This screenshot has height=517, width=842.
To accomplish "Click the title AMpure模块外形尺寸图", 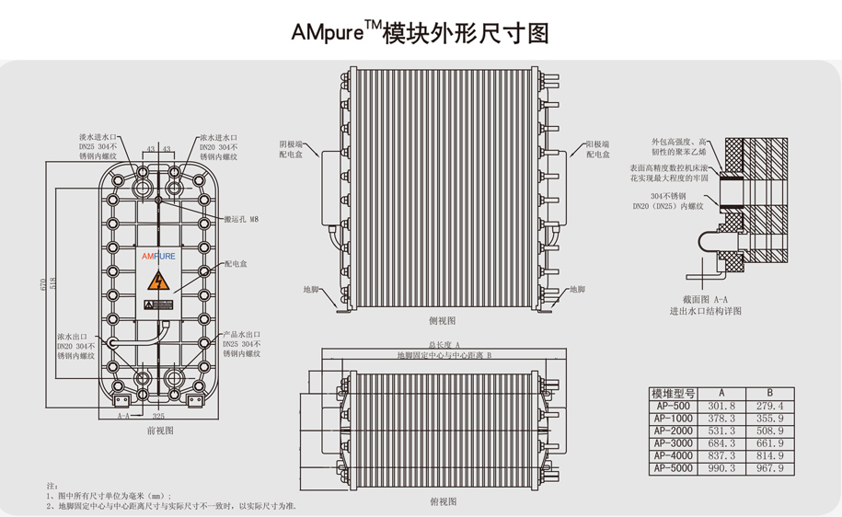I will click(x=420, y=32).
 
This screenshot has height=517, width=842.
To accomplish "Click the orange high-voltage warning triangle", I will click(x=161, y=281).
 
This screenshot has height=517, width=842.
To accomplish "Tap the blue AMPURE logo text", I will click(x=158, y=257).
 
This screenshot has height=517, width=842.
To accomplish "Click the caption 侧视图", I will click(x=443, y=320).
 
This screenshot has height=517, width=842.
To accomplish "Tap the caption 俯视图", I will click(x=443, y=501).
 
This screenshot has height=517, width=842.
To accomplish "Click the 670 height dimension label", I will click(x=43, y=284).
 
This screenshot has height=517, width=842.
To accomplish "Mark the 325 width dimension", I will click(x=158, y=416).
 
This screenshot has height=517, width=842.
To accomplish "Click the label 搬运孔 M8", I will click(x=242, y=219).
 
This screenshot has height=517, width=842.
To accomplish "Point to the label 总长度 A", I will click(x=443, y=343).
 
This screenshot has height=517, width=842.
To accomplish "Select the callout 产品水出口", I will click(x=242, y=335).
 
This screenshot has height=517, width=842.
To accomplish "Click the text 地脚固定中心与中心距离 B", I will click(x=444, y=354).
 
